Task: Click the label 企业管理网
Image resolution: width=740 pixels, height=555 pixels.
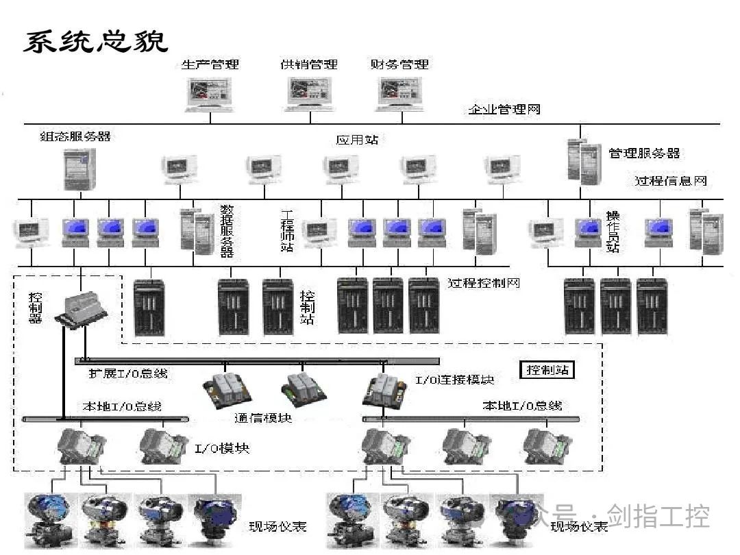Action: (504, 110)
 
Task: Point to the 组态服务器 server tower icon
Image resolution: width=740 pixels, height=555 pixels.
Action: (79, 169)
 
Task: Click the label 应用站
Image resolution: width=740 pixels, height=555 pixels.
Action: (357, 140)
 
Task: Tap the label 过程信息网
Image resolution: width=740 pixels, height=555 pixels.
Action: (670, 181)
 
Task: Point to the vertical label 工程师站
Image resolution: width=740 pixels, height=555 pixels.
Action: (288, 230)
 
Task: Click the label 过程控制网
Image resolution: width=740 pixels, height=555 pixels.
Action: (484, 282)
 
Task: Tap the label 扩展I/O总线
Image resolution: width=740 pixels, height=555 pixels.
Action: (127, 374)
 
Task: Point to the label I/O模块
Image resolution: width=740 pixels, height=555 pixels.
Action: (222, 449)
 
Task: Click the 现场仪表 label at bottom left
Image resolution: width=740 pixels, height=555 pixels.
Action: (277, 526)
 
